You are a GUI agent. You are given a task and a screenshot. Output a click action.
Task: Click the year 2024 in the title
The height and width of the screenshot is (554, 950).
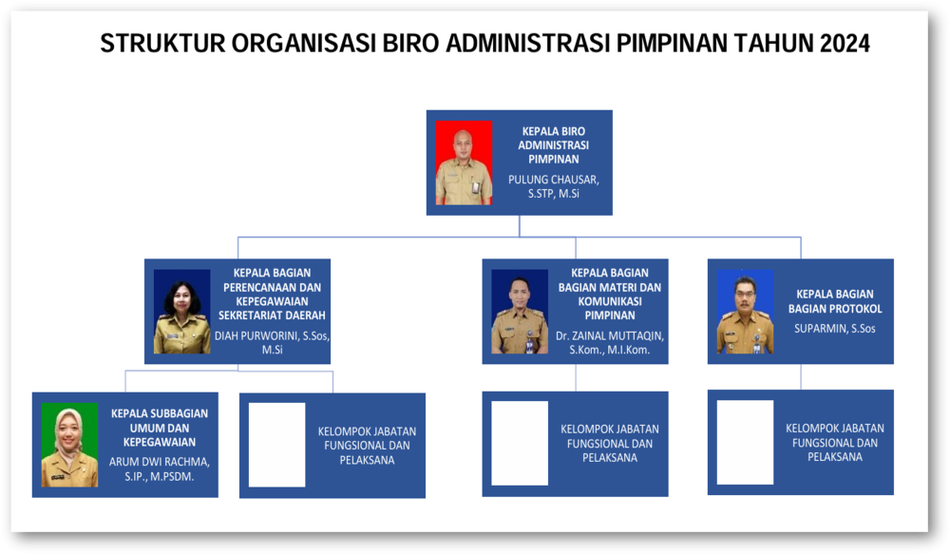pos(845,44)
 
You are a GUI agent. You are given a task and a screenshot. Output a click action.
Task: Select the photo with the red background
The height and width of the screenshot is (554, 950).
pos(465,162)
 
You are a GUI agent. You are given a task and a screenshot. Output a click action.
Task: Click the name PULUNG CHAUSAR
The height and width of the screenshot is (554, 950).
pos(553,180)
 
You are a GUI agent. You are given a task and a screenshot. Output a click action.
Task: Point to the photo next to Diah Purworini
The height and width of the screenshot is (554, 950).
pos(181,312)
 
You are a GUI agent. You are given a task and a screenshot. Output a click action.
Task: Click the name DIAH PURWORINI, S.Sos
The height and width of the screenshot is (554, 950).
pos(272,335)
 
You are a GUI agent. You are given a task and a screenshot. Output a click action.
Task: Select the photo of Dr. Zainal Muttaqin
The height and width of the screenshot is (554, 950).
pos(520,312)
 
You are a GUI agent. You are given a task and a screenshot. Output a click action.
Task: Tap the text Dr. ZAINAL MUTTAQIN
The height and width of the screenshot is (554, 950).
pos(610,335)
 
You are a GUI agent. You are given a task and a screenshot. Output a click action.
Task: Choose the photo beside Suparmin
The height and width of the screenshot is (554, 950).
pos(745,312)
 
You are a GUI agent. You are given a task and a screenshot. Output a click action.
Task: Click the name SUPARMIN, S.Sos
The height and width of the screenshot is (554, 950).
pos(835,329)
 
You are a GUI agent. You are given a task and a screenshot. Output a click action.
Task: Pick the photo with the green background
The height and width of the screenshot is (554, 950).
pos(69,445)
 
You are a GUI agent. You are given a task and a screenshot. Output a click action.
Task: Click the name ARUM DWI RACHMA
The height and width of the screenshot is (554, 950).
pos(160,462)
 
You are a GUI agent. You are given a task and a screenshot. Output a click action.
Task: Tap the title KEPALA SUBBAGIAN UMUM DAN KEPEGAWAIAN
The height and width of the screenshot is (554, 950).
pos(160,428)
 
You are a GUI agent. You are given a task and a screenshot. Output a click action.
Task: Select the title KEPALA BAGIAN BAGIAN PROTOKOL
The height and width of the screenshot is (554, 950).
pos(835,301)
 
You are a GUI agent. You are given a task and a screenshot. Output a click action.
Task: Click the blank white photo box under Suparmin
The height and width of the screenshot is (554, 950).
pos(745,443)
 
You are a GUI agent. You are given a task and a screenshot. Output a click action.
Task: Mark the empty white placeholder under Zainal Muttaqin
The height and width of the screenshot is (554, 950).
pos(520,443)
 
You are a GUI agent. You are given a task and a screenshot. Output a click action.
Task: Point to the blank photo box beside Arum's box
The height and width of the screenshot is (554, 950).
pos(276,445)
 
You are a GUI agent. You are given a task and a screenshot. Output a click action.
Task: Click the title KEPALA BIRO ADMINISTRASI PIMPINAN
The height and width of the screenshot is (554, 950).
pos(553,144)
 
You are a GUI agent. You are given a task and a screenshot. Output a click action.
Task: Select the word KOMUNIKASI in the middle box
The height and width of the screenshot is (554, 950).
pos(610,301)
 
